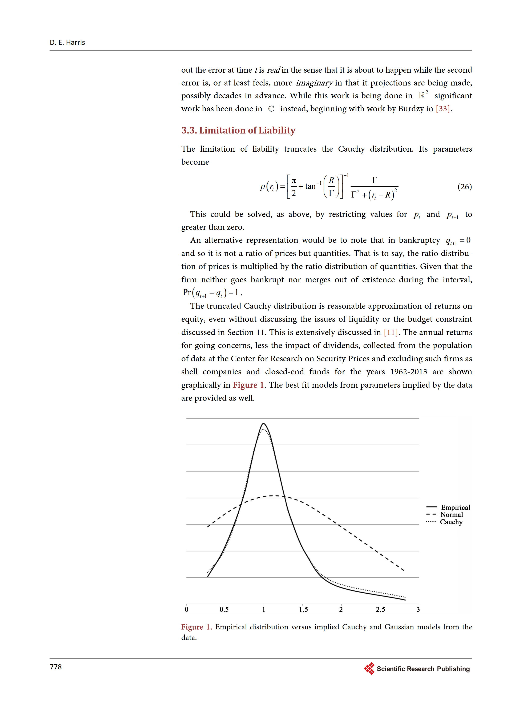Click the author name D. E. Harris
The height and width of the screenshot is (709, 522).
[67, 42]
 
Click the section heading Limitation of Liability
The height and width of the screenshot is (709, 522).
[238, 130]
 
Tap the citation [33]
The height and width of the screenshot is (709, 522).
[443, 109]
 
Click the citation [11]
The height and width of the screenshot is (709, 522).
[391, 332]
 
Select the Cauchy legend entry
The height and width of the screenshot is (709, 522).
[451, 522]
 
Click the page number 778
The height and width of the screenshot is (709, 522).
[56, 667]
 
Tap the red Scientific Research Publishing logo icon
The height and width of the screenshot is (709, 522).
[369, 669]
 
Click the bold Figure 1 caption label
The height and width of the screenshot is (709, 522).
[196, 627]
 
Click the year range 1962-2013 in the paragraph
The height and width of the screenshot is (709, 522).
[409, 372]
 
